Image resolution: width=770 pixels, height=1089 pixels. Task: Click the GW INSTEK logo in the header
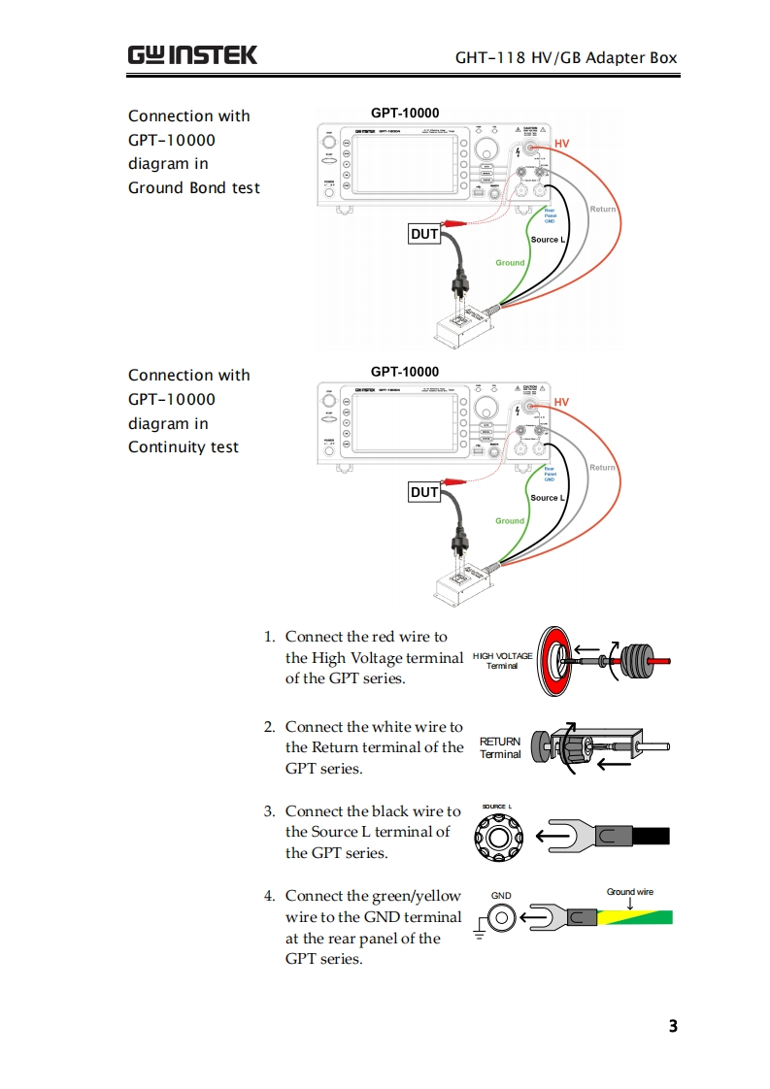click(192, 54)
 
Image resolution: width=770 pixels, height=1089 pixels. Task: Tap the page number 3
click(673, 1026)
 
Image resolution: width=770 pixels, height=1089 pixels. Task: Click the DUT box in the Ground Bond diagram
click(424, 234)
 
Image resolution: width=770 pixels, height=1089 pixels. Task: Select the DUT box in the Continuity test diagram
click(424, 492)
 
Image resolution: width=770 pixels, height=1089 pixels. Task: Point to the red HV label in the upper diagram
click(561, 144)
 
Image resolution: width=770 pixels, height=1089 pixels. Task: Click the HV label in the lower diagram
click(561, 402)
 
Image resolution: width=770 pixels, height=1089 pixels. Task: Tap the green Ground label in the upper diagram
click(510, 262)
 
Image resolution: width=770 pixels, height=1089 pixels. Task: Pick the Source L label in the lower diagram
click(548, 498)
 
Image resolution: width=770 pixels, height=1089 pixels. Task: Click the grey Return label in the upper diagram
click(602, 209)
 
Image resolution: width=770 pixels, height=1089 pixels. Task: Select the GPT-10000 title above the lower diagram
click(405, 372)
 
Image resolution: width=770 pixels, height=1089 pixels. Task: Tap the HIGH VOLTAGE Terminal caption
click(502, 661)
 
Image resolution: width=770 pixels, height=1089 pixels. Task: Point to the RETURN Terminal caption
click(500, 747)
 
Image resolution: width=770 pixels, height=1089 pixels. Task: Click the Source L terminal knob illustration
click(499, 836)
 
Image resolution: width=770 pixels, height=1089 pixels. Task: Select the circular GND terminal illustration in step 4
click(501, 917)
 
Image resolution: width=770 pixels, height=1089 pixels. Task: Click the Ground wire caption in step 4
click(630, 892)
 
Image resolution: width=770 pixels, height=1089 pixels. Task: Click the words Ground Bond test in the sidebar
click(194, 187)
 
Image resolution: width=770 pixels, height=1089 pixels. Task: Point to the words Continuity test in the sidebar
click(183, 446)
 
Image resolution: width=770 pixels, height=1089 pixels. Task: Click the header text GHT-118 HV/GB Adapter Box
click(566, 57)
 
